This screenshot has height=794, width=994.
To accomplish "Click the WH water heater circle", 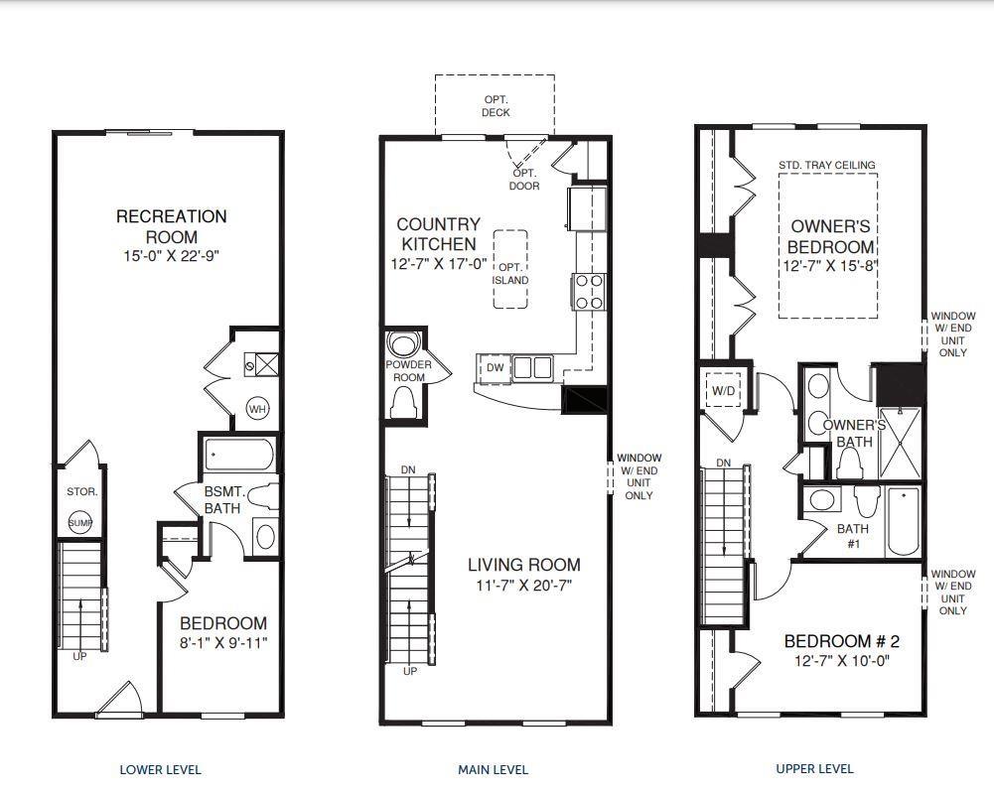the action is [257, 409].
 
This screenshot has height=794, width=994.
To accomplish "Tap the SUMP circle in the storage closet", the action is [79, 523].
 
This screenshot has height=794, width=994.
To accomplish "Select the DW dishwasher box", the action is [495, 368].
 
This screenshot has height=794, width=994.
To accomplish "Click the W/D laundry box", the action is [723, 390].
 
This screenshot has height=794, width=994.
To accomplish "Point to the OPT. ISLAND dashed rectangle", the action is [510, 269].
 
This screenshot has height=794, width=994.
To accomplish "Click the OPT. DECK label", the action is [496, 106].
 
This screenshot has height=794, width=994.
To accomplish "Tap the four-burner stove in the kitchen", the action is [588, 292].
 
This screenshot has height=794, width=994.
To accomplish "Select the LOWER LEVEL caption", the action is [161, 770].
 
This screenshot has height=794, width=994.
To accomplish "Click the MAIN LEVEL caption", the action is [494, 770].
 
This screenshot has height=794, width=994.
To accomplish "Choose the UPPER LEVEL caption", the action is [814, 768].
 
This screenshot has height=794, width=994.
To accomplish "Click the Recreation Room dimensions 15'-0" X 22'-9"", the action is [172, 256].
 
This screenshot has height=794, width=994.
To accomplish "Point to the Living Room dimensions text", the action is [524, 586].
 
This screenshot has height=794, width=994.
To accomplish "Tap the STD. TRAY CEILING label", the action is [827, 165].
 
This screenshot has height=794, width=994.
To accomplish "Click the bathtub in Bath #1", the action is [904, 521].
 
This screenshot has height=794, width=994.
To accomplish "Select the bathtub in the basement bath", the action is [239, 455].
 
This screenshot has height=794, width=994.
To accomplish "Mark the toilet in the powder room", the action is [402, 402].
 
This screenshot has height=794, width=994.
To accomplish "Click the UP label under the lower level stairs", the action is [79, 656].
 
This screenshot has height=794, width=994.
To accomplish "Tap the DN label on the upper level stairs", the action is [723, 463].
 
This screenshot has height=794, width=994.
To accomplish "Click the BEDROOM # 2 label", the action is [842, 641].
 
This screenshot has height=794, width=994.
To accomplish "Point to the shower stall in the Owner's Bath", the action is [899, 443].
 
